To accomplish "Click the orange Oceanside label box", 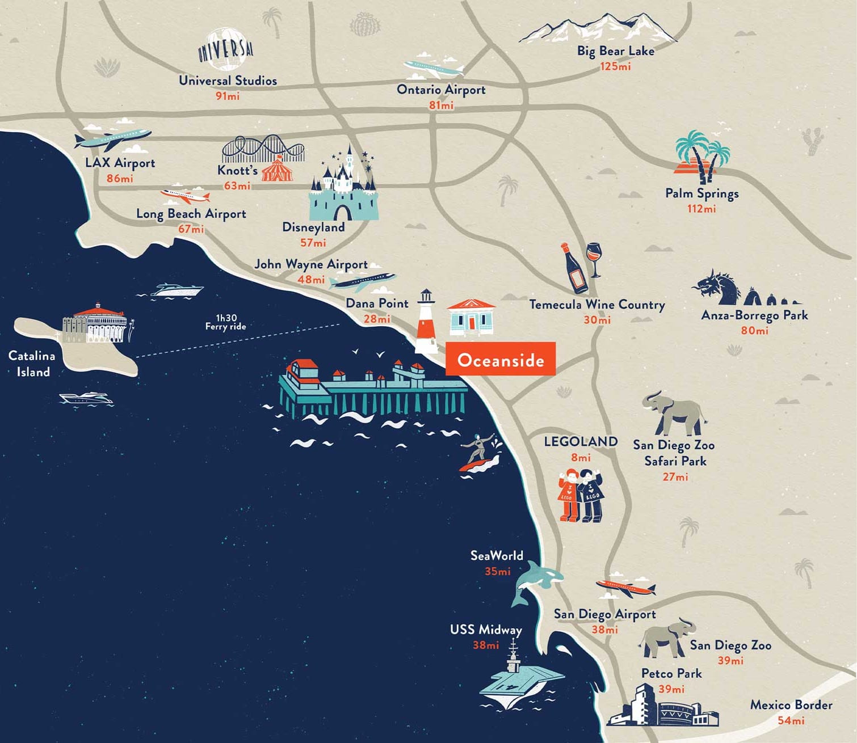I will (x=500, y=360).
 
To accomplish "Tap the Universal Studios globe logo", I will (x=225, y=50).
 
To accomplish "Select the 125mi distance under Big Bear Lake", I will (x=615, y=66).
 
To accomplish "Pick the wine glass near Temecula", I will (x=594, y=258).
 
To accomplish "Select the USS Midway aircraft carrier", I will (x=519, y=678).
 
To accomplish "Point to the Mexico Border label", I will (x=791, y=705).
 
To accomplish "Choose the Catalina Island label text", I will (x=32, y=364).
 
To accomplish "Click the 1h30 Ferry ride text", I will (x=226, y=322).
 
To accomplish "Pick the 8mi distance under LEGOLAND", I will (x=581, y=457).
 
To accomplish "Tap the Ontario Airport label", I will (x=441, y=90).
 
